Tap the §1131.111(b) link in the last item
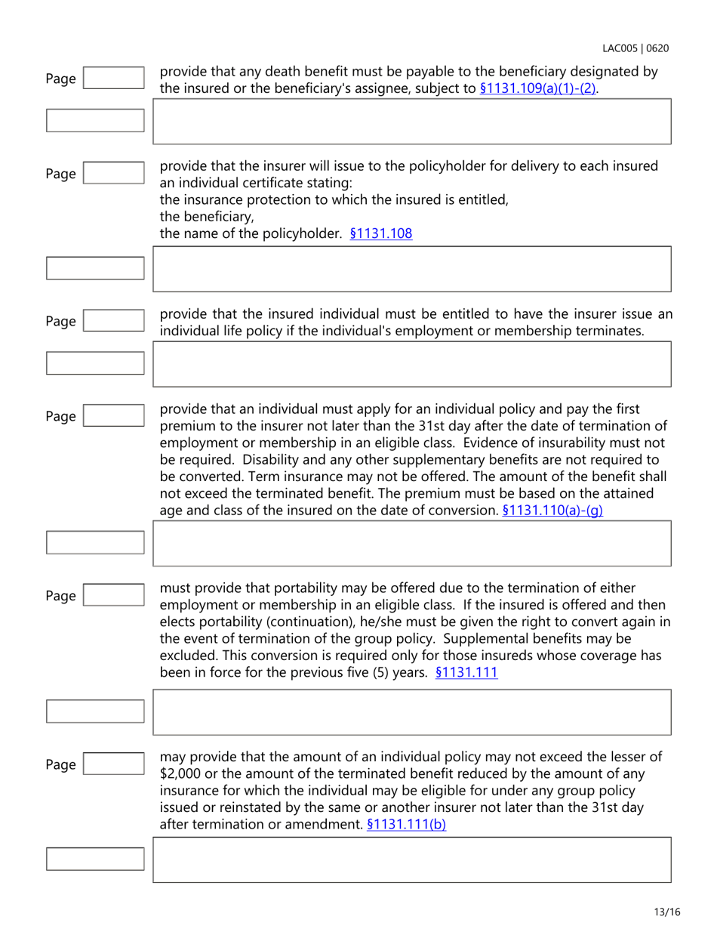406,825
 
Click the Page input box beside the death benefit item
112,78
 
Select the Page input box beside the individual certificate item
112,174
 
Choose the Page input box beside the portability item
112,596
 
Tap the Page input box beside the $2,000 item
112,764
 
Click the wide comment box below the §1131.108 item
412,269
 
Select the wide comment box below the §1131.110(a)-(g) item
412,545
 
